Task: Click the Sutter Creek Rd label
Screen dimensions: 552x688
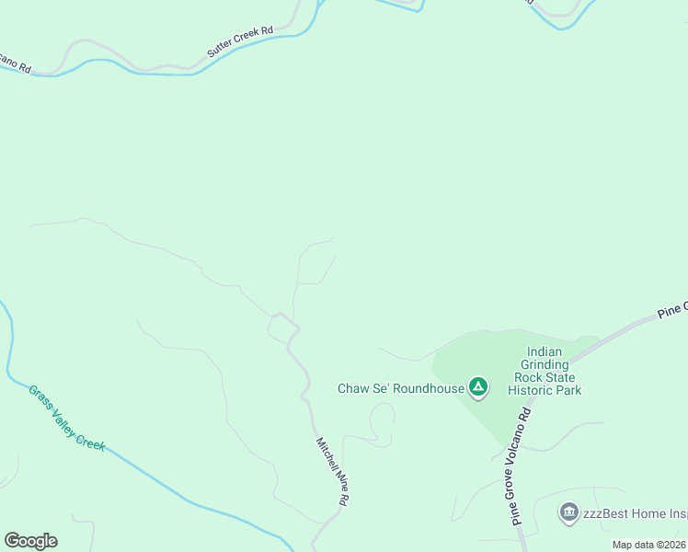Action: pyautogui.click(x=240, y=42)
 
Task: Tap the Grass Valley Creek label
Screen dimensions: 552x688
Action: pyautogui.click(x=66, y=418)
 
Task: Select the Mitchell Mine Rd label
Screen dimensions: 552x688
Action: pyautogui.click(x=332, y=470)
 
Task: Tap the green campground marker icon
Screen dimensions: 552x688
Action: pyautogui.click(x=477, y=387)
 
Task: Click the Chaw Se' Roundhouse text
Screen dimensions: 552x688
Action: pyautogui.click(x=401, y=389)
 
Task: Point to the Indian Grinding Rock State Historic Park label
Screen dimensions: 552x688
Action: pyautogui.click(x=551, y=371)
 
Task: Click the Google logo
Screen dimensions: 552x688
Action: pyautogui.click(x=30, y=541)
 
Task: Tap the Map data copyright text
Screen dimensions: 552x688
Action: pyautogui.click(x=649, y=545)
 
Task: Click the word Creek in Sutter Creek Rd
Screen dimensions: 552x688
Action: pyautogui.click(x=243, y=40)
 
